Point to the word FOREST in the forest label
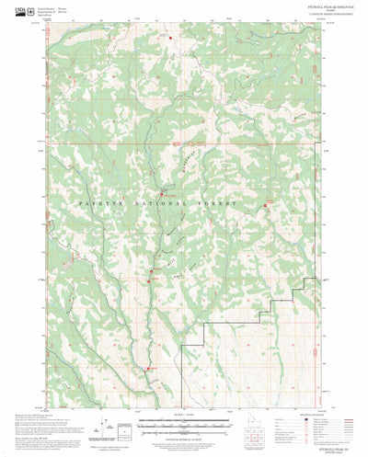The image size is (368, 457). click(x=221, y=203)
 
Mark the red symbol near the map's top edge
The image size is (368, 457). click(x=169, y=36)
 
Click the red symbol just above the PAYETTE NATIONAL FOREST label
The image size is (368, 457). click(x=164, y=192)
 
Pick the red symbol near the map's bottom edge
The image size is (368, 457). click(x=147, y=369)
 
